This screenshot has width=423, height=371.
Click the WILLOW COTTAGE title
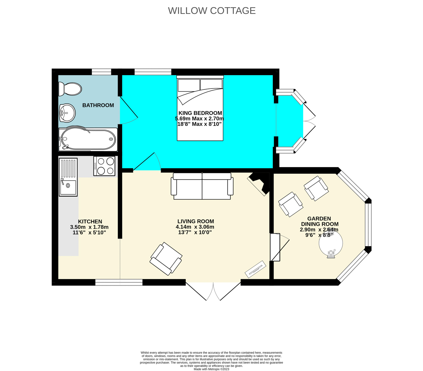tap(211, 11)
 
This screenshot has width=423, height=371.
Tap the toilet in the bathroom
tap(70, 89)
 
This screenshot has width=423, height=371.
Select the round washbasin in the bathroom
tap(68, 113)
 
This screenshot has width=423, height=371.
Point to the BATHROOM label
tap(98, 105)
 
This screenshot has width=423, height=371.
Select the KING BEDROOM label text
tap(200, 113)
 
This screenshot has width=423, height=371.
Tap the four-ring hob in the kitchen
tap(104, 166)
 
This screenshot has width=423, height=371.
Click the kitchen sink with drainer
tap(68, 177)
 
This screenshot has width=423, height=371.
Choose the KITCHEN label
tap(90, 221)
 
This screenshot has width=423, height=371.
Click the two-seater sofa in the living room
tap(202, 186)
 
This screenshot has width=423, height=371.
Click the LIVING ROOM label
tap(196, 221)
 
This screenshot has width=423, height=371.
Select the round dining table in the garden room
tap(331, 243)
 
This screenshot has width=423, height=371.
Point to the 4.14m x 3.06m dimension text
tap(195, 227)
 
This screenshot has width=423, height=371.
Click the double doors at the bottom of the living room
tap(213, 291)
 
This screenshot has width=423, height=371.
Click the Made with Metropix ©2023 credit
tap(211, 369)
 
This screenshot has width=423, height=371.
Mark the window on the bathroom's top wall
tap(101, 72)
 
